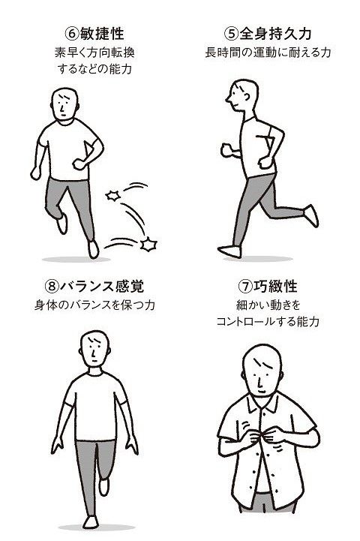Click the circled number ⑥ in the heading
(x=72, y=34)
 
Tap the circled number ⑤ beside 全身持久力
(x=231, y=34)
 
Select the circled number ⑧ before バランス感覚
(x=52, y=286)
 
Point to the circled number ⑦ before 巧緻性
(x=245, y=286)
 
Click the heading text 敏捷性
(x=102, y=34)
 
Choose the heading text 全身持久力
(x=275, y=34)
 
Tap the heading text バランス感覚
(x=102, y=286)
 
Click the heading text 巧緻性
(x=275, y=286)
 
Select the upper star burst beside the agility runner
(x=113, y=196)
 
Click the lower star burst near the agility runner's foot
(x=148, y=245)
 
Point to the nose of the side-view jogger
(x=228, y=100)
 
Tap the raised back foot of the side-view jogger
(x=311, y=215)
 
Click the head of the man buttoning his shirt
(x=262, y=370)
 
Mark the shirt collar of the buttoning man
(x=262, y=402)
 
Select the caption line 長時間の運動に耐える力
(x=268, y=53)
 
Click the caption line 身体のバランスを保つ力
(x=94, y=305)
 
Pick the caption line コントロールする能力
(x=268, y=322)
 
